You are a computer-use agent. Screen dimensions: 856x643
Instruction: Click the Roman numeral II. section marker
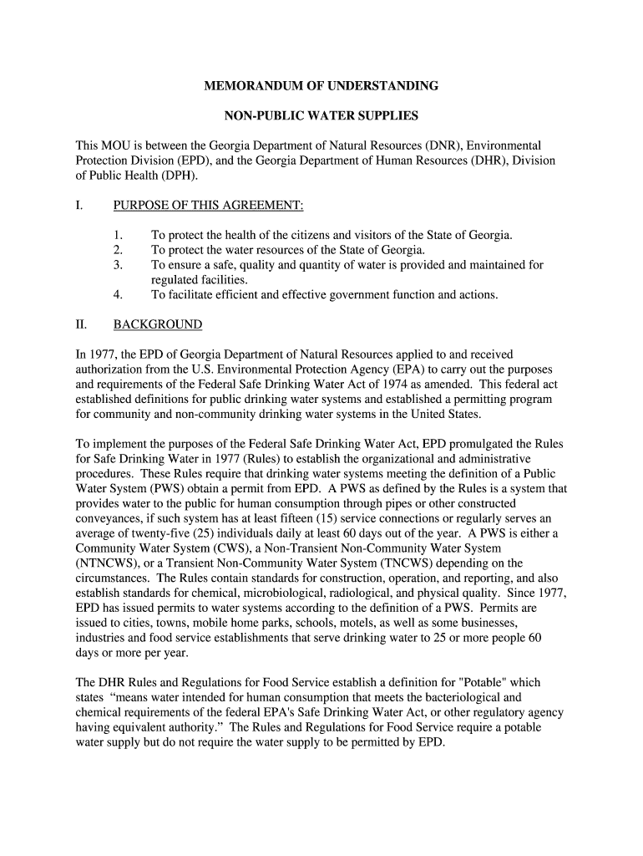(82, 324)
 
